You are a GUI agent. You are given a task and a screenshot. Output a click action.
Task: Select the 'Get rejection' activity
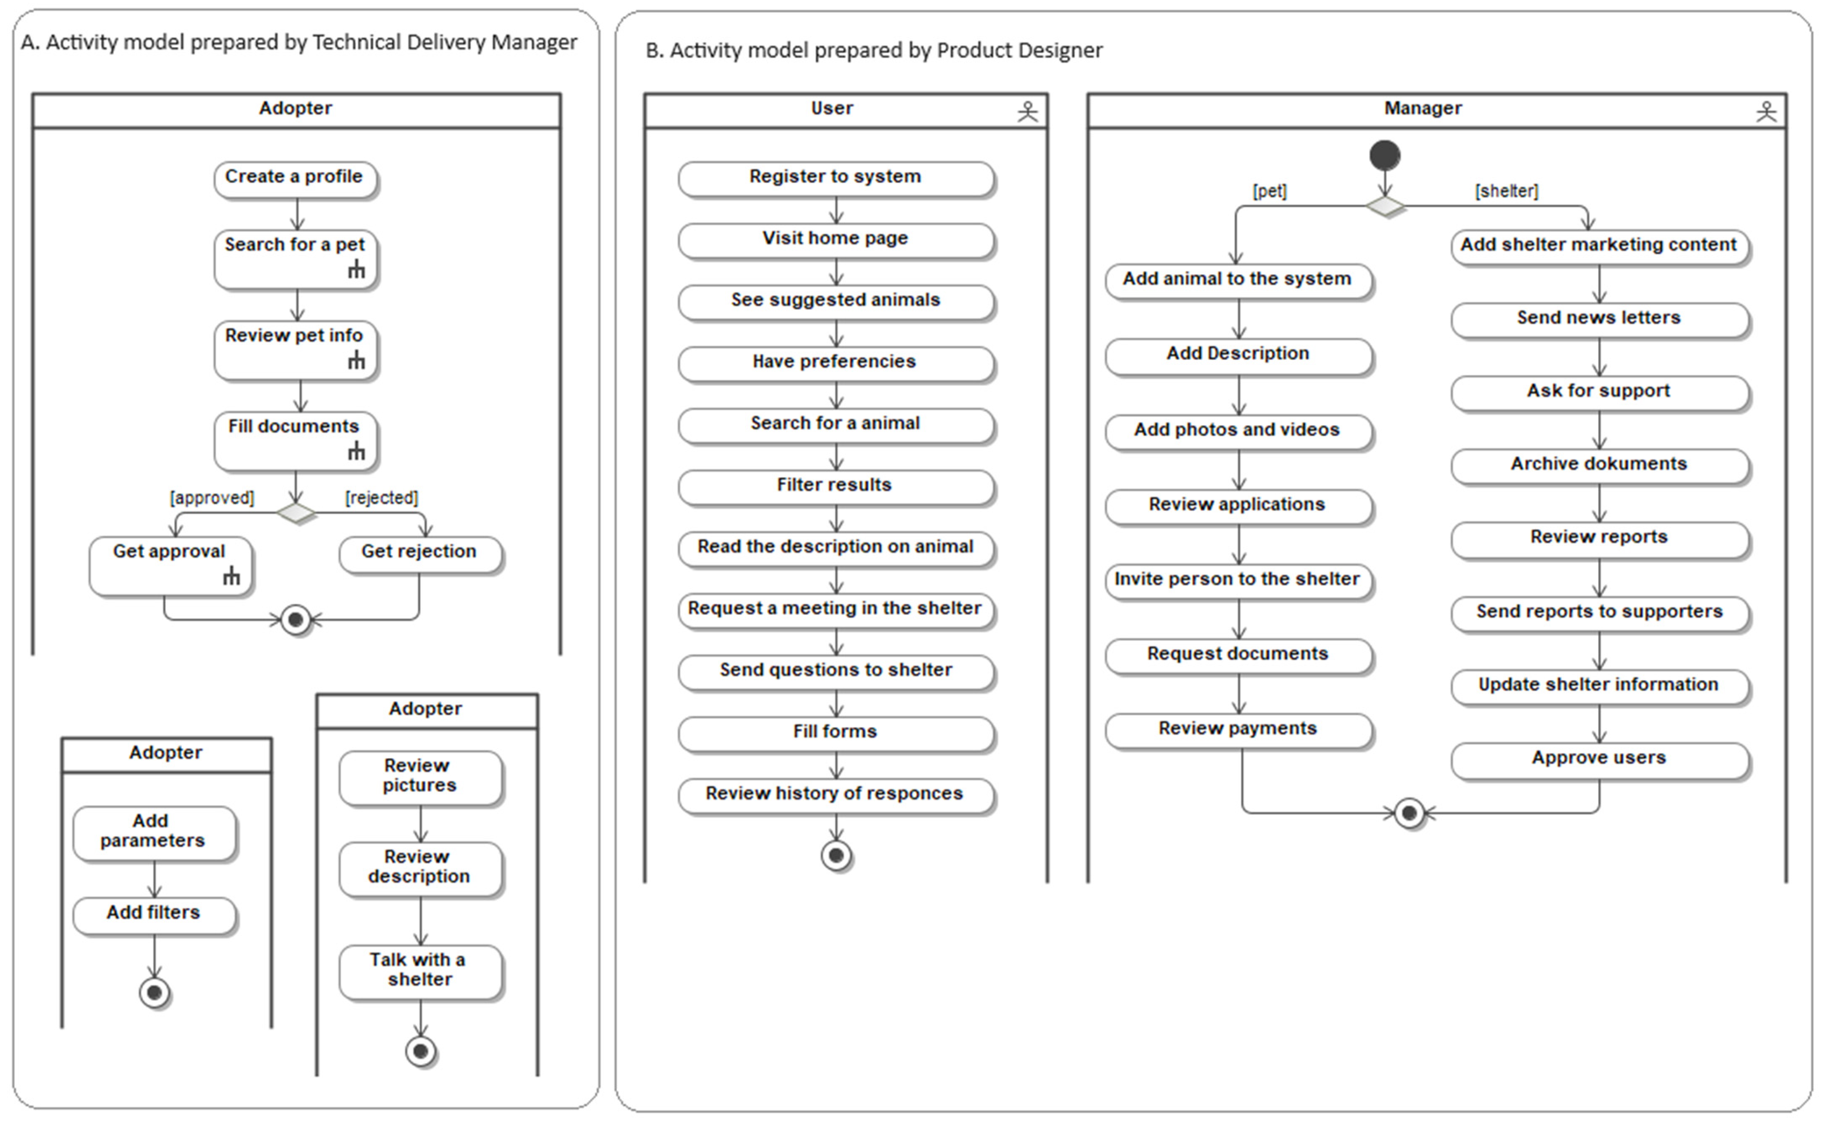420,554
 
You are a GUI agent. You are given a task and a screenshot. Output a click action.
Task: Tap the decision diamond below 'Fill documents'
296,512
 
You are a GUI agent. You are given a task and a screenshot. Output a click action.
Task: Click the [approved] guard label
212,498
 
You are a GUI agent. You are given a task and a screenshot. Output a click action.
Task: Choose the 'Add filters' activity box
154,915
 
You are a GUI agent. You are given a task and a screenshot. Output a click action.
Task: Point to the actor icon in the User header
1027,111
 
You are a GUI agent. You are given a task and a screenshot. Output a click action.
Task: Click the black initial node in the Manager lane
1385,155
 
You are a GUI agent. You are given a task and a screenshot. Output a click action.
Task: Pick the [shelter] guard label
1506,191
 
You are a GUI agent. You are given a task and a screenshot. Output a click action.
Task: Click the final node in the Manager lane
1409,813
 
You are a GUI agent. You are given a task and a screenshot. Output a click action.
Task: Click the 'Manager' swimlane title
1423,108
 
